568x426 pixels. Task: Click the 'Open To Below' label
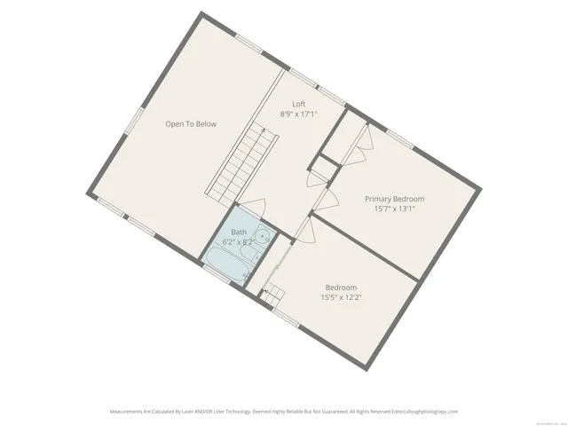[191, 124]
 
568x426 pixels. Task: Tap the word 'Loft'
[299, 104]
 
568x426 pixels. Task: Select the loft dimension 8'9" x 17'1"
[299, 114]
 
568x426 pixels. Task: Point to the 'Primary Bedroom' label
[395, 199]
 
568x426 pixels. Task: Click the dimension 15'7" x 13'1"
[395, 209]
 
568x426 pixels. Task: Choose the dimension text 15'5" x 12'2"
[341, 297]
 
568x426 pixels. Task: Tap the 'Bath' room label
[239, 232]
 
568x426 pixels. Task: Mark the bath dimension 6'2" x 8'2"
[239, 241]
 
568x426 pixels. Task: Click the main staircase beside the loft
[241, 164]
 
